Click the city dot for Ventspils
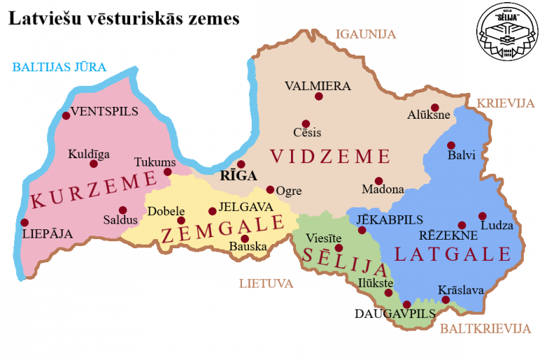[66, 116]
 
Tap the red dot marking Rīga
[241, 165]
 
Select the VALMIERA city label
[317, 86]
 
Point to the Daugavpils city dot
[406, 304]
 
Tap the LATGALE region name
[451, 254]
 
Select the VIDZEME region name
[330, 155]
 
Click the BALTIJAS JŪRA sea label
[59, 67]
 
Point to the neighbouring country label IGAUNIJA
[366, 34]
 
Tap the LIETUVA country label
[265, 284]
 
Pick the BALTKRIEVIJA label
[484, 328]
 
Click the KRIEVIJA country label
[506, 103]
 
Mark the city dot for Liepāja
[25, 223]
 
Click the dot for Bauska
[245, 238]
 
